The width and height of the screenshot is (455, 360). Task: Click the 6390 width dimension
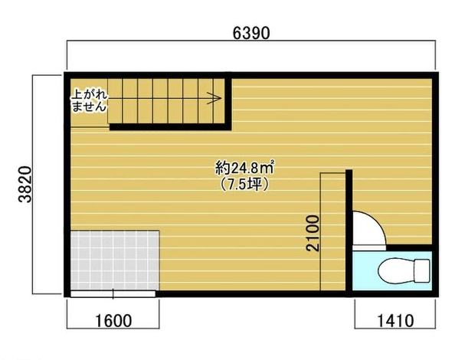(251, 33)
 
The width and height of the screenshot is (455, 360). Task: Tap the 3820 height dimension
(25, 184)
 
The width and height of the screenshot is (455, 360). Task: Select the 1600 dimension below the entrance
(113, 321)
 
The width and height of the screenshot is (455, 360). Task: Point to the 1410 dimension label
(395, 321)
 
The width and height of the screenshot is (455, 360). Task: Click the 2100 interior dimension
(313, 233)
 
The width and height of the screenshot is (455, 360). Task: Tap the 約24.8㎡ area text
(244, 168)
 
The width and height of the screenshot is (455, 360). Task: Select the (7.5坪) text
(244, 184)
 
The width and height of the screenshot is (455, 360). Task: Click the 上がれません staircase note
(90, 100)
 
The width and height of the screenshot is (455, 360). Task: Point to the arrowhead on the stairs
(214, 98)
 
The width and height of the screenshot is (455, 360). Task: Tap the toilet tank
(422, 270)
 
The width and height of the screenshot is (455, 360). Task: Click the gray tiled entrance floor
(115, 260)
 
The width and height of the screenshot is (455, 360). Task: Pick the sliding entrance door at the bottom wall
(113, 294)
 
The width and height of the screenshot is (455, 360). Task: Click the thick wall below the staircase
(170, 127)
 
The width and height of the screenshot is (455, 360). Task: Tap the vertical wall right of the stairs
(228, 101)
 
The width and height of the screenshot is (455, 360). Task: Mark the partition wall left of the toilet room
(349, 233)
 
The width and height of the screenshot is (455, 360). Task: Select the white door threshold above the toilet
(369, 247)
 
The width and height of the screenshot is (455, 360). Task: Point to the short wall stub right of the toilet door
(409, 247)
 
